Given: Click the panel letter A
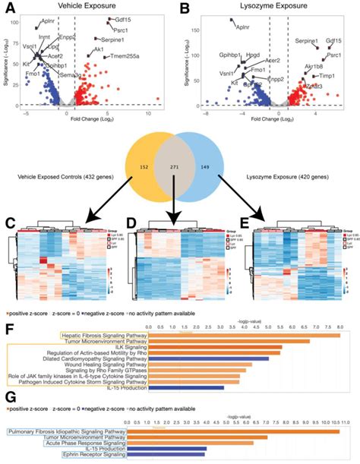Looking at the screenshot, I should (11, 10).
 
